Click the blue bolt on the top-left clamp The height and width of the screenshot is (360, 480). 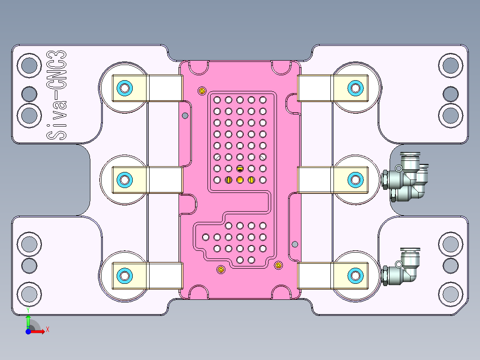[124, 88]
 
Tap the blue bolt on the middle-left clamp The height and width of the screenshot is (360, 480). [124, 180]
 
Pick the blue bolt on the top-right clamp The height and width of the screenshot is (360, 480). [355, 88]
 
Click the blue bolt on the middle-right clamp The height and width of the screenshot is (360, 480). [355, 180]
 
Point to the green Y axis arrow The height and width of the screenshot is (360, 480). [28, 320]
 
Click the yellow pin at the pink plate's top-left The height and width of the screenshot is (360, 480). [202, 91]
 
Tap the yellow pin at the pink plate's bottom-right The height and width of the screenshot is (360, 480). [278, 266]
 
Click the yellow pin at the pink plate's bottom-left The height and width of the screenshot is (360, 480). [220, 270]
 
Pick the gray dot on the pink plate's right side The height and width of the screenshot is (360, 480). [294, 244]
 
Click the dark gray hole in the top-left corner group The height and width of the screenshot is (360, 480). [29, 94]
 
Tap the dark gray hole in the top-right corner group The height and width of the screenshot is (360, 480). [450, 94]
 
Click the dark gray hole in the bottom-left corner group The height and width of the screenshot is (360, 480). [29, 266]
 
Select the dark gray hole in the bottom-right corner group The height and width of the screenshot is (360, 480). [450, 266]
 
